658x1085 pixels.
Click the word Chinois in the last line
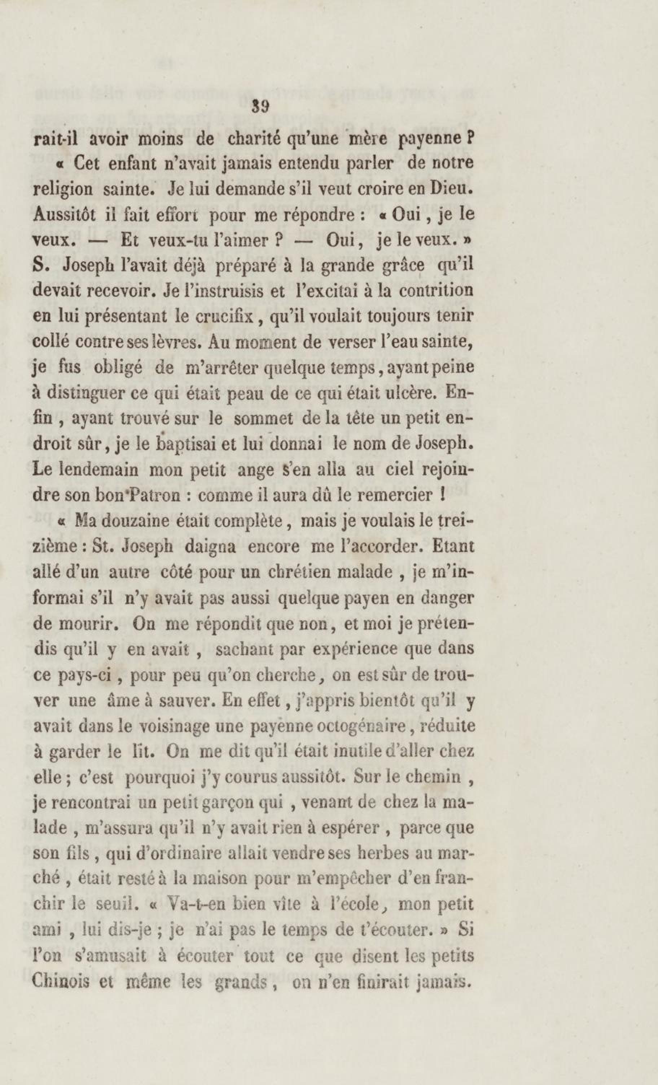coord(64,981)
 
